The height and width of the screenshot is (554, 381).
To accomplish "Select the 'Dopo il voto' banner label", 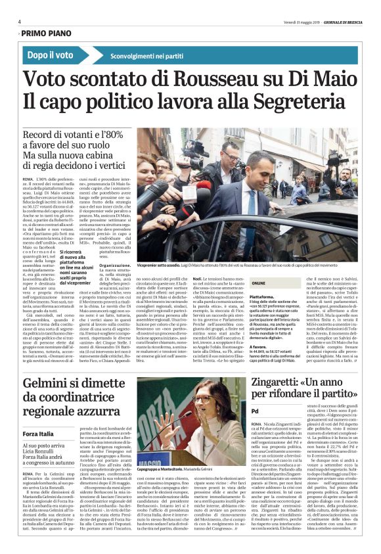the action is (51, 55).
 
